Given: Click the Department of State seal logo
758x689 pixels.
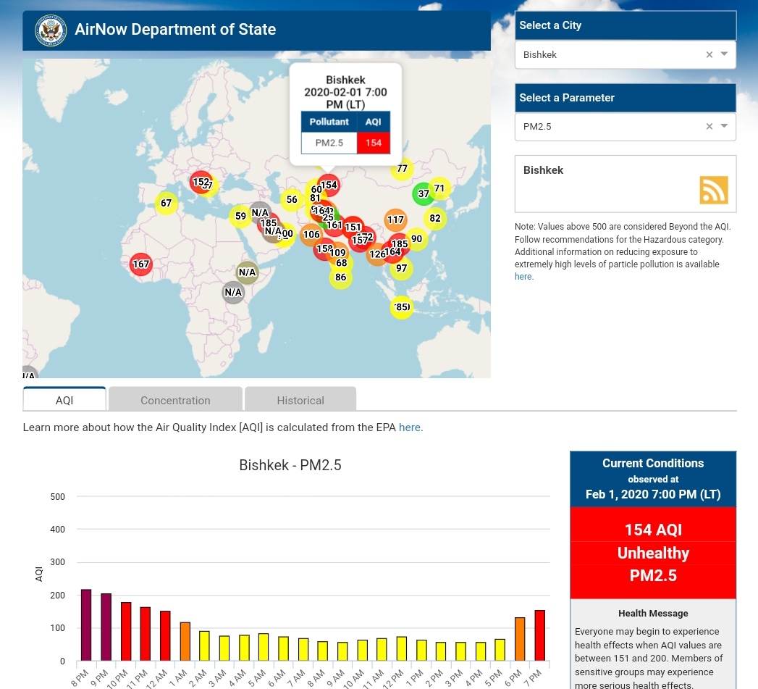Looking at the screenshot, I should (x=51, y=30).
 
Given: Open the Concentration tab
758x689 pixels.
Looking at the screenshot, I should (x=175, y=400).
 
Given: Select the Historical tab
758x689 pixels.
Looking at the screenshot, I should (x=300, y=400).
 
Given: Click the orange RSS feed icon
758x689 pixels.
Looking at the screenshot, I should (x=713, y=190).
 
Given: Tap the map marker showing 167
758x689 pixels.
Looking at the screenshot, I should (x=141, y=264).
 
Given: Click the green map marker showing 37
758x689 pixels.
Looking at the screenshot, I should (x=424, y=194).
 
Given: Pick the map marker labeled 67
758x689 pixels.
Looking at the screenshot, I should (x=167, y=204).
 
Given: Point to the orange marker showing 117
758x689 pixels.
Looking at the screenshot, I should (x=395, y=220).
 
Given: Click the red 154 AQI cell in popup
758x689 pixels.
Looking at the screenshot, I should (x=374, y=143).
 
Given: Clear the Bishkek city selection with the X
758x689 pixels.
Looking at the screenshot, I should (x=709, y=54).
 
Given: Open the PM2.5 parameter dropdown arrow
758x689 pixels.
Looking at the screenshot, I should (x=724, y=126).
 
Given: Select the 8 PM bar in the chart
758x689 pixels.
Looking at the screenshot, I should (x=86, y=625).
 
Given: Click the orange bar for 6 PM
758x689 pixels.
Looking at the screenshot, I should (x=519, y=638).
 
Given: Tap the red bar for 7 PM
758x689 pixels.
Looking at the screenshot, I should (x=539, y=635).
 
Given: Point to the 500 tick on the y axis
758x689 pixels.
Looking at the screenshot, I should (x=58, y=497).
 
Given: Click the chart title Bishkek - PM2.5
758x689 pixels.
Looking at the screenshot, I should (x=290, y=465).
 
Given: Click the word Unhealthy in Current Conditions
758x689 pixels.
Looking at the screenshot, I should (x=653, y=553).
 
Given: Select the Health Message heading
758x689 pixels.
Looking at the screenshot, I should (x=653, y=613).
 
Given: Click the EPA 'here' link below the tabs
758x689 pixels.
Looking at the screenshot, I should (x=409, y=427).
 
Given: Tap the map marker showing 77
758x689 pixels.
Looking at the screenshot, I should (x=402, y=169).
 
